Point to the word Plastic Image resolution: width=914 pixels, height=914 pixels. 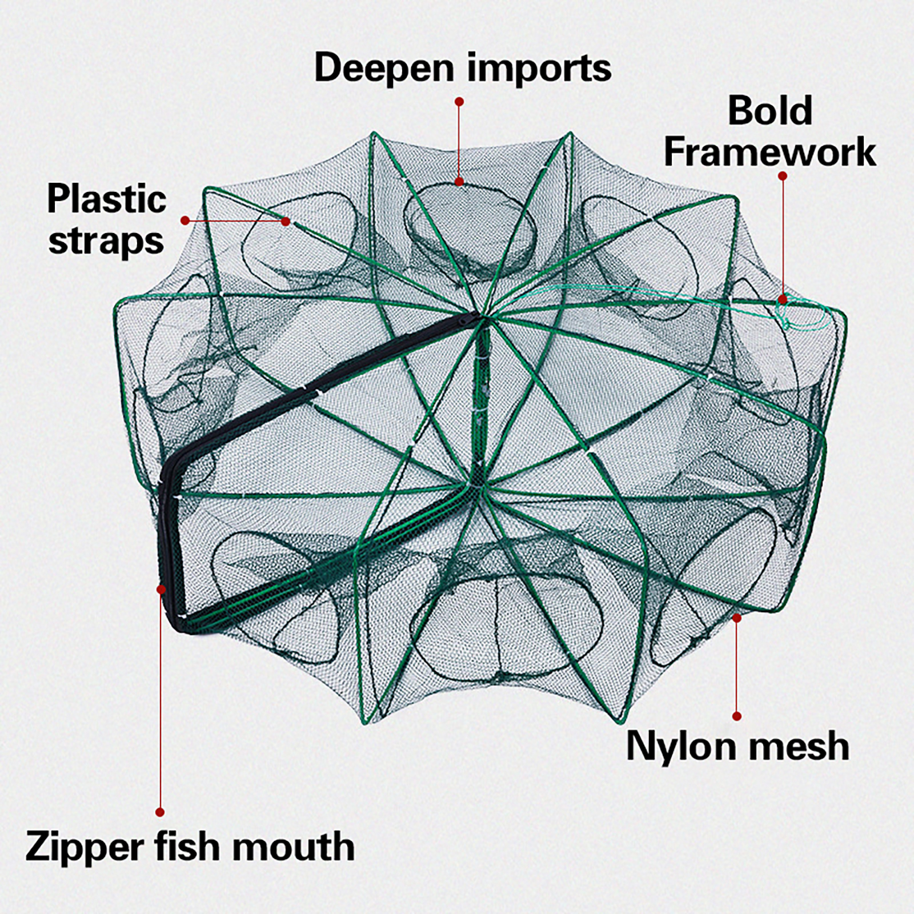107,199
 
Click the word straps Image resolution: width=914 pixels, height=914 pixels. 106,241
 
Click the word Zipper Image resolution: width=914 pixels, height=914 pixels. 85,847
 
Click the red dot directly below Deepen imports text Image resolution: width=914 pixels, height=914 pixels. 459,102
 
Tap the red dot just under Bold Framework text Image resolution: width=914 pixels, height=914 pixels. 783,177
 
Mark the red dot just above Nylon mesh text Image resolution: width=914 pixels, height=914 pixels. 737,716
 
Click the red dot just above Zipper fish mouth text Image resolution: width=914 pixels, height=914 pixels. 160,812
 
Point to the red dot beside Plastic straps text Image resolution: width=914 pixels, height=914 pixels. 185,221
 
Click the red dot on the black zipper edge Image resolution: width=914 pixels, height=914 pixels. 161,588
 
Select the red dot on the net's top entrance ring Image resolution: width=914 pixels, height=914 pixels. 459,182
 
